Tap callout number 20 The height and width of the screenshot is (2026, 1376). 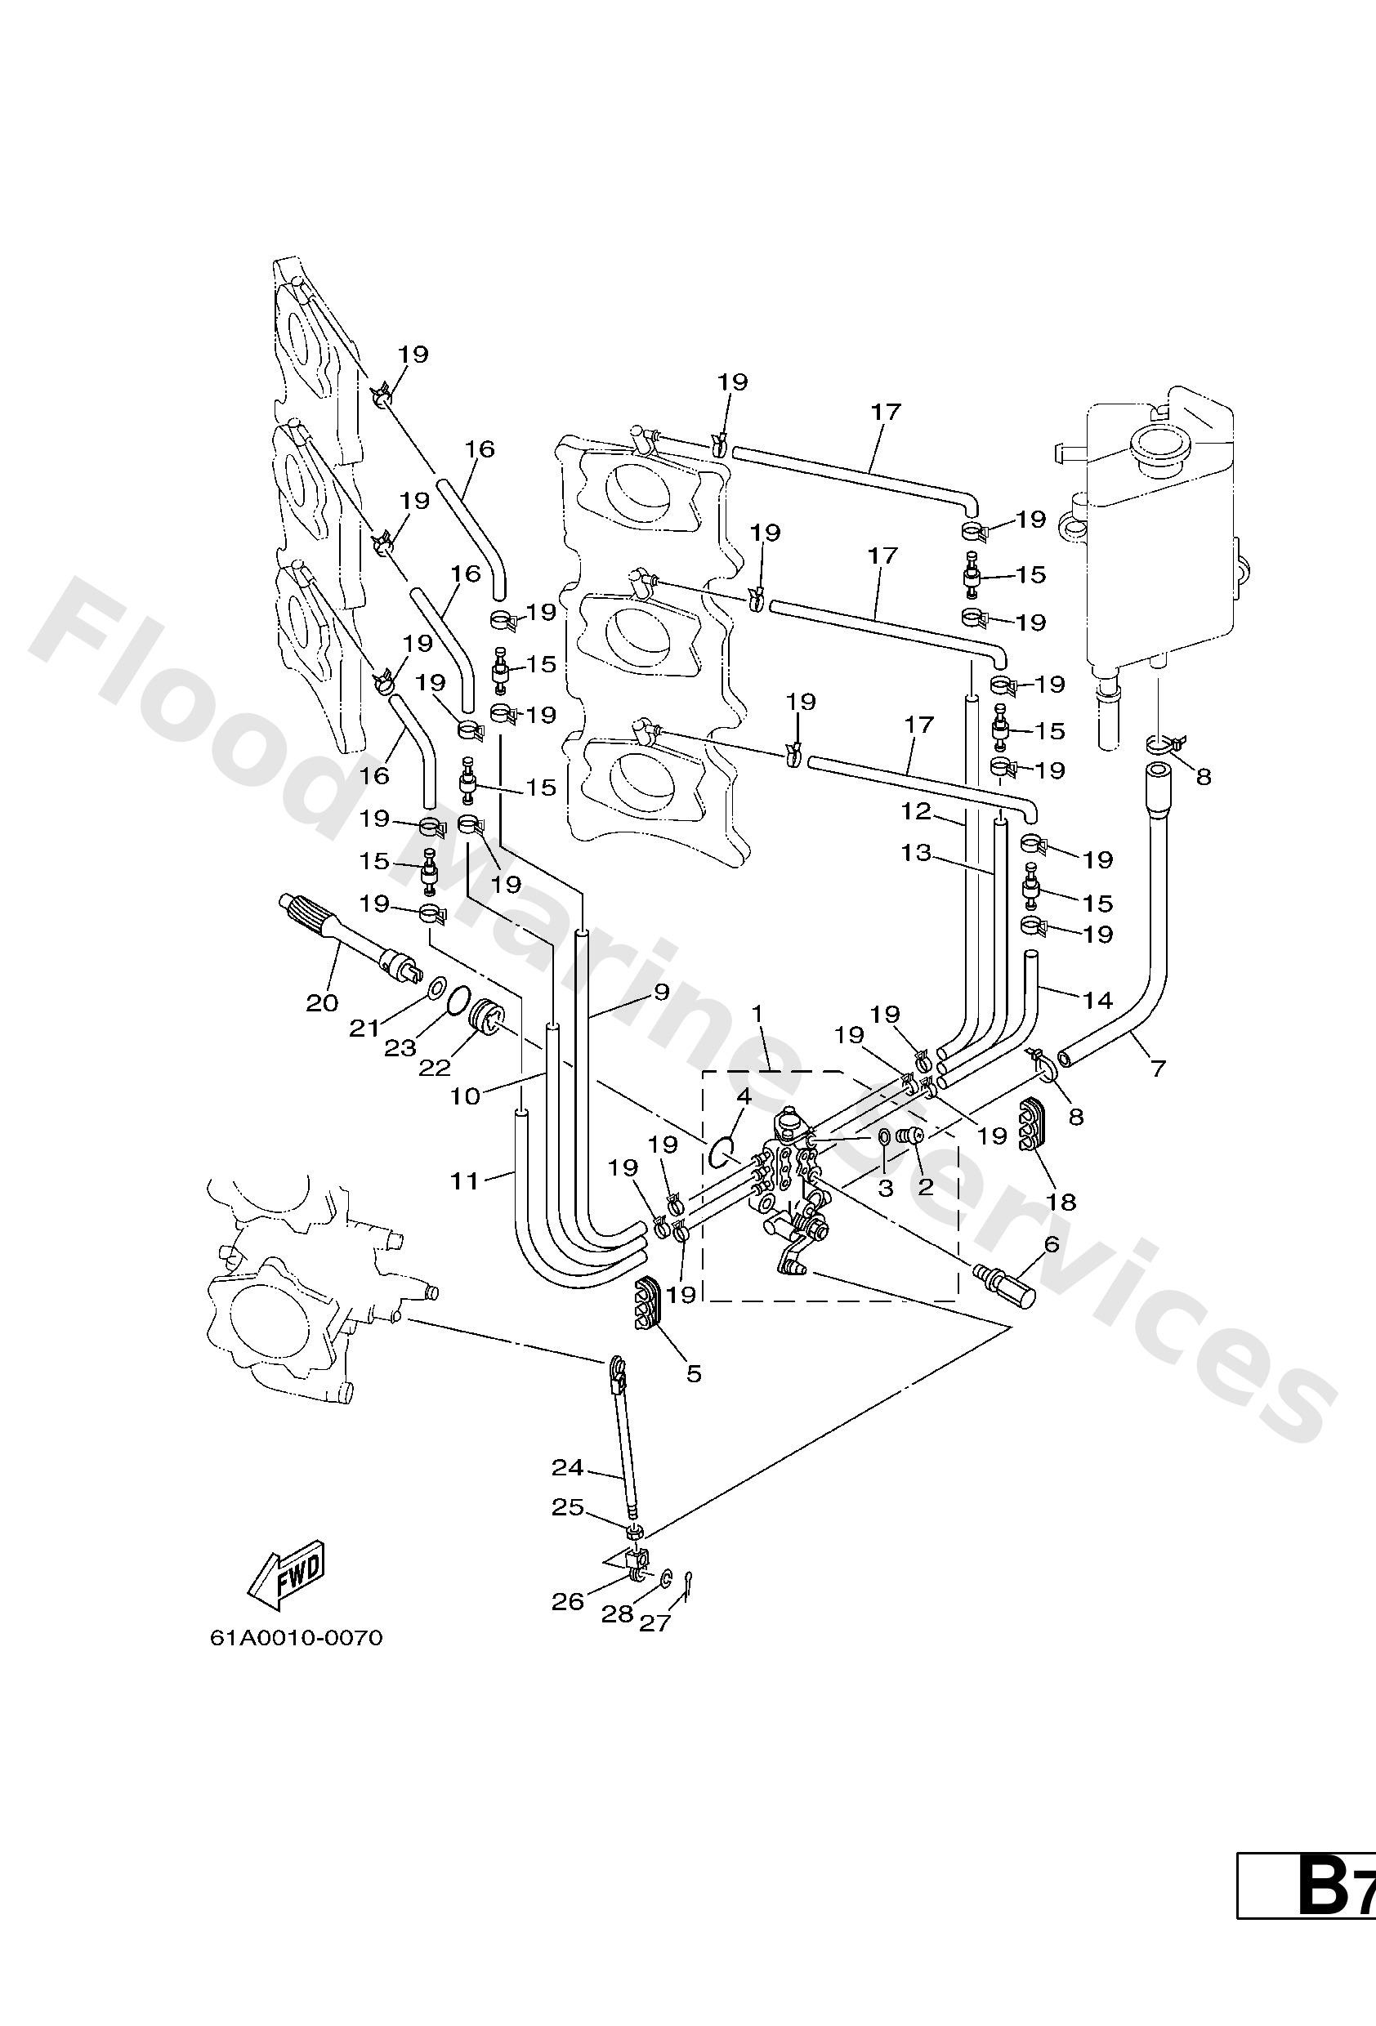pos(322,1003)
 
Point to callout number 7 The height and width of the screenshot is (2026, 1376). pos(1158,1067)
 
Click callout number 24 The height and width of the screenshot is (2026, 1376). pos(567,1468)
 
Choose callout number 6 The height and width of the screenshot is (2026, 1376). pos(1051,1244)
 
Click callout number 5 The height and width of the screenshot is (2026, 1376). pos(693,1374)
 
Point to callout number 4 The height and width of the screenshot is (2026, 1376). pos(744,1096)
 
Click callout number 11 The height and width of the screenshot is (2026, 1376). pos(465,1181)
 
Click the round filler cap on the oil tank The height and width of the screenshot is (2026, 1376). pos(1158,447)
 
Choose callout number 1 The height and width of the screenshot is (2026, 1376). pos(757,1014)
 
